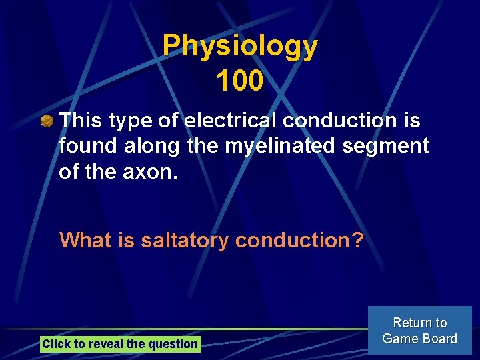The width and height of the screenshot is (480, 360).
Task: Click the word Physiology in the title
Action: point(240,47)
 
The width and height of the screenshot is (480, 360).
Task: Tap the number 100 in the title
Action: point(240,81)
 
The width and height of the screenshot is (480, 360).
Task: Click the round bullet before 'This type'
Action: point(47,121)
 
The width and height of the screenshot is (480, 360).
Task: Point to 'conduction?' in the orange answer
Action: point(299,240)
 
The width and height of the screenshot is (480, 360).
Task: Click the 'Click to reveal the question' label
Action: point(120,344)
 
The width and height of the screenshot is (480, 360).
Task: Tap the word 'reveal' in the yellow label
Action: point(105,344)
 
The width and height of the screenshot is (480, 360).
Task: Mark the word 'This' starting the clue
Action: point(81,121)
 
